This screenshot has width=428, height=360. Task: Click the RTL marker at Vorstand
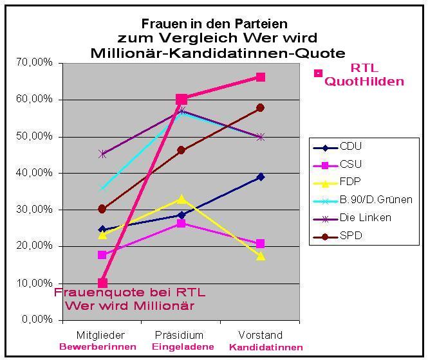click(x=261, y=77)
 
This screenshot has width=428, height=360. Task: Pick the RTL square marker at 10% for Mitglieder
click(x=102, y=283)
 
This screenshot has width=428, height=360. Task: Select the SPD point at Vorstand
click(x=261, y=108)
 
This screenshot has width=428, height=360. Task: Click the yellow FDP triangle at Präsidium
click(x=181, y=199)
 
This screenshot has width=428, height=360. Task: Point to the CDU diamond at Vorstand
click(x=261, y=177)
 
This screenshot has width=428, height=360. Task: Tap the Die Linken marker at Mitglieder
click(x=102, y=154)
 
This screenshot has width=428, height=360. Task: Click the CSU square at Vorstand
click(x=261, y=244)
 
